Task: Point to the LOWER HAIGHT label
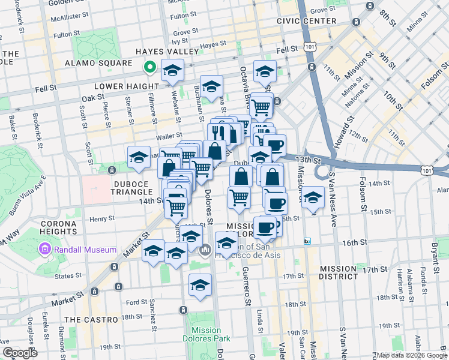(127, 86)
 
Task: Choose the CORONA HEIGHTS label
(58, 227)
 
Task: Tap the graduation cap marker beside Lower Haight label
(172, 72)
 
